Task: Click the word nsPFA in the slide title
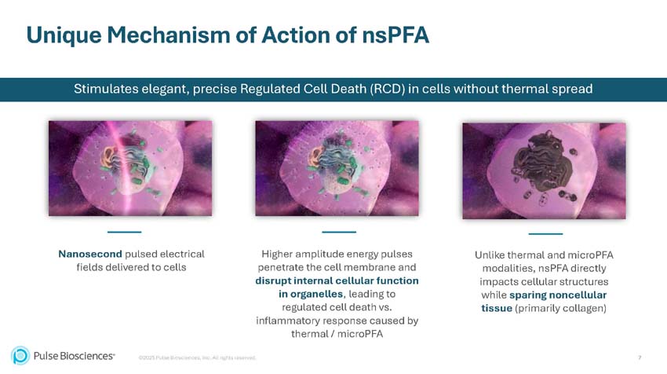coord(396,35)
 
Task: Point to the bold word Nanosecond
coord(89,254)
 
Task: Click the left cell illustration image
coord(130,168)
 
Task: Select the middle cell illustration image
coord(337,168)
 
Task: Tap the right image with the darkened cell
coord(544,170)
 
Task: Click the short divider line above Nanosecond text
coord(124,232)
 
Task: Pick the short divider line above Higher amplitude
coord(339,232)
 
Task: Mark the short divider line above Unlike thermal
coord(545,233)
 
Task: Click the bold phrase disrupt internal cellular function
coord(337,280)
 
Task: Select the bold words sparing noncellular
coord(557,295)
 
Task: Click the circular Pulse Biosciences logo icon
coord(20,356)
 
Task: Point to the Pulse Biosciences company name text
coord(74,356)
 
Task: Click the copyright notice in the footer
coord(197,358)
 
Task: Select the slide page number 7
coord(640,357)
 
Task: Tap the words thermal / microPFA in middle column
coord(337,334)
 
